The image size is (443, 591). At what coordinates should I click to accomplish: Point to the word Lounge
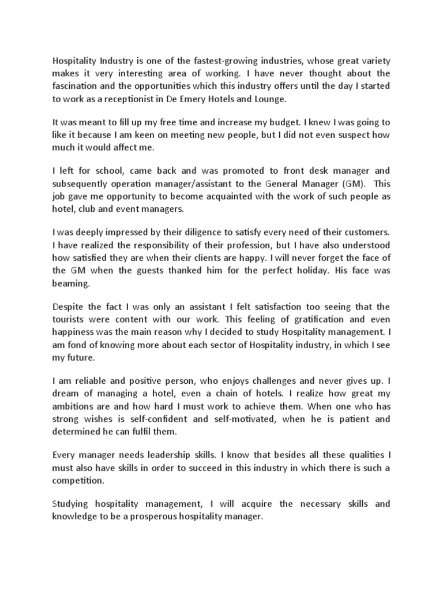coord(269,99)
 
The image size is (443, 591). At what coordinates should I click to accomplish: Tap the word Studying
coord(73,504)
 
